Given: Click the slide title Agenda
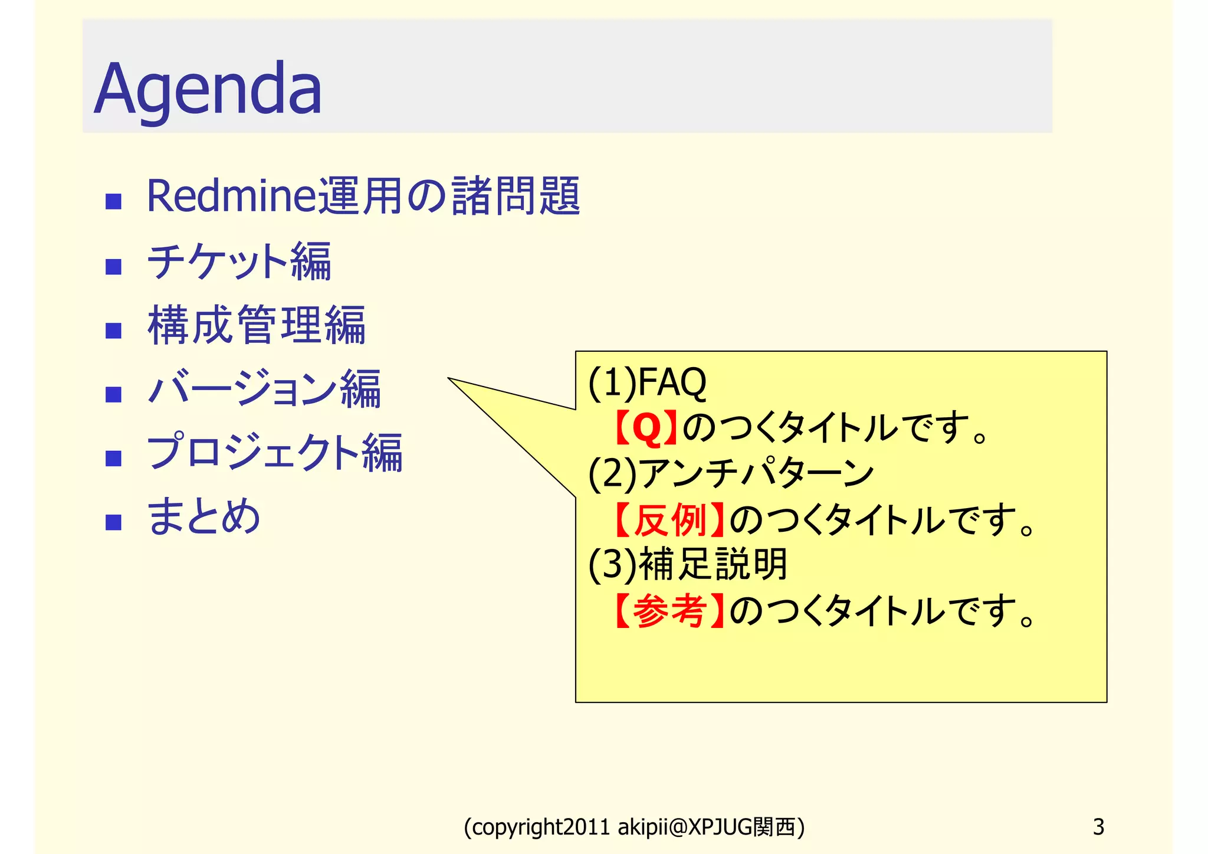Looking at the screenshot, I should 208,89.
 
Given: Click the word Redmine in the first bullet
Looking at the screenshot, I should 232,197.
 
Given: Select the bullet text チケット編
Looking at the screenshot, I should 239,261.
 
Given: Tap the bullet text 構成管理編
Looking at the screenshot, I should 257,325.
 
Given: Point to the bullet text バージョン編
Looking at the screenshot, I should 264,389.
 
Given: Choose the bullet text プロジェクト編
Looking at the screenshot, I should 275,453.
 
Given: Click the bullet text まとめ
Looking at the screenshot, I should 203,516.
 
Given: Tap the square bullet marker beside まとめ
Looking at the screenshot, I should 113,522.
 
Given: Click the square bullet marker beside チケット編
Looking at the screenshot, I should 113,267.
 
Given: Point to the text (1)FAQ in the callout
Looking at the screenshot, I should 647,382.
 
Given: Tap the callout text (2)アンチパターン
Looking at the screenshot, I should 731,474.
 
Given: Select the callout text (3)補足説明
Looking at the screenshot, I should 688,565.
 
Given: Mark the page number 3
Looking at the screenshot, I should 1098,827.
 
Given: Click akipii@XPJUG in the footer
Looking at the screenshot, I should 685,827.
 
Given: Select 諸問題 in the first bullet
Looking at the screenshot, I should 517,197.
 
